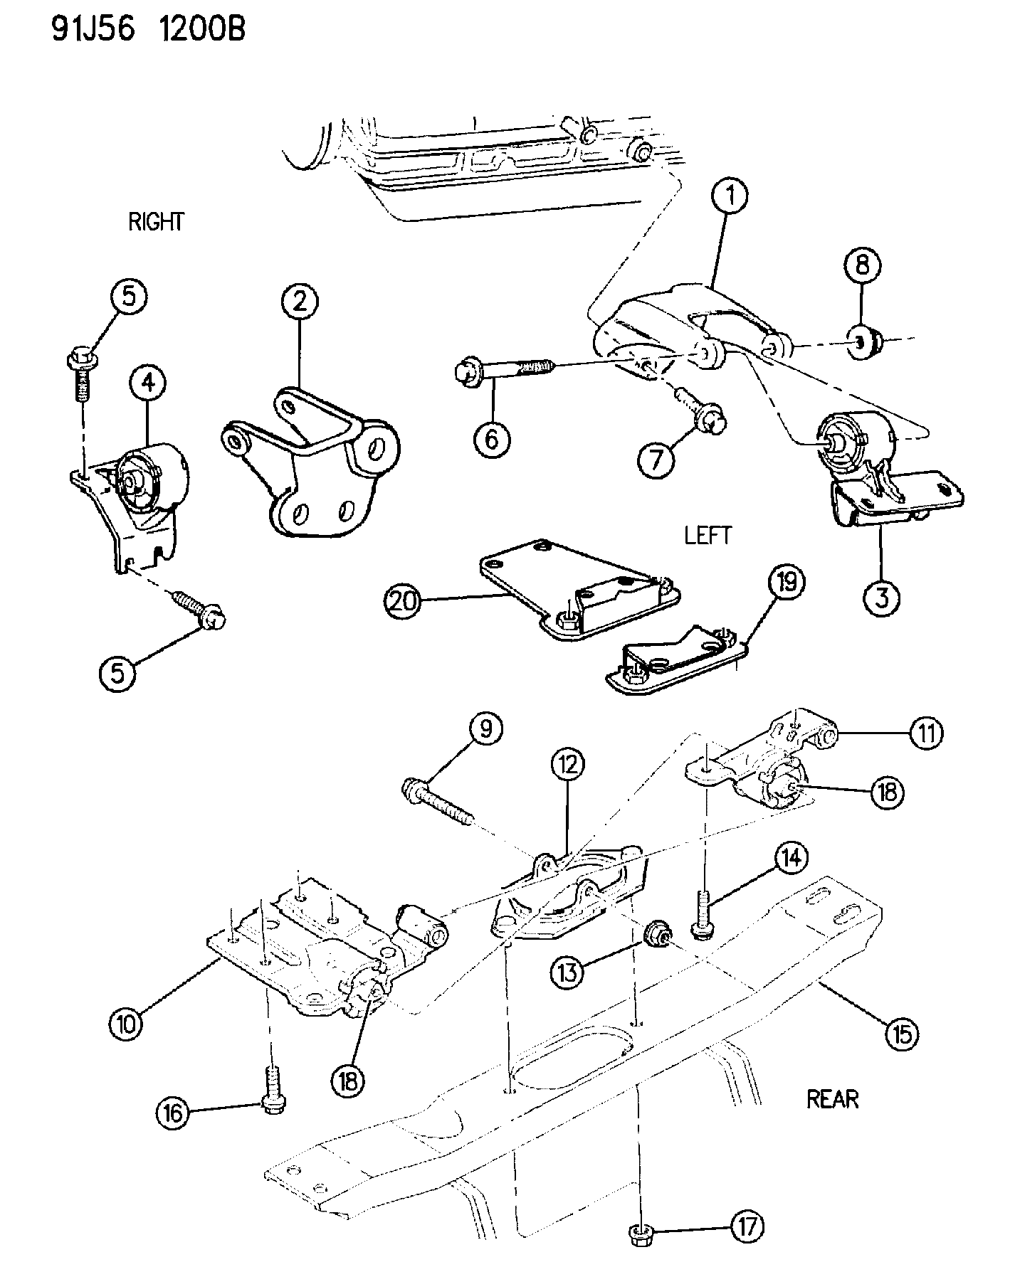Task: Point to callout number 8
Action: tap(862, 265)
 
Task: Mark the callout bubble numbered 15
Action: tap(901, 1034)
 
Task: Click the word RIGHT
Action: tap(156, 222)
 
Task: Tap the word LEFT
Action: tap(708, 535)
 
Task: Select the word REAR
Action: tap(832, 1099)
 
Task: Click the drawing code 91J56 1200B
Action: tap(148, 31)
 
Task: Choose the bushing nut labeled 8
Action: tap(866, 344)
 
